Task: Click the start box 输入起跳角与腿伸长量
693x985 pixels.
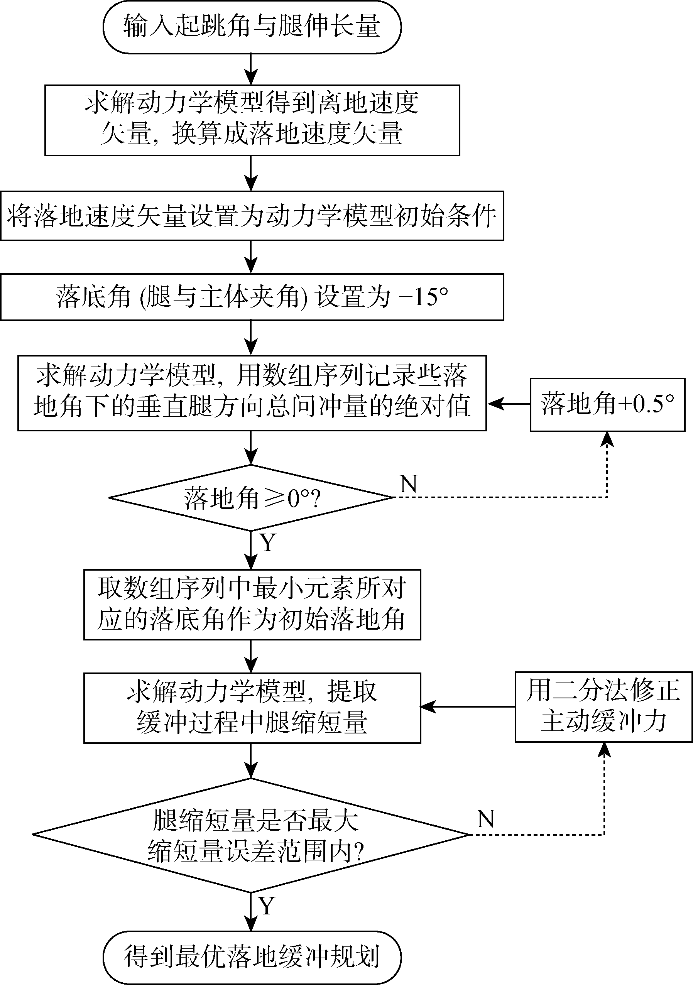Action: coord(252,27)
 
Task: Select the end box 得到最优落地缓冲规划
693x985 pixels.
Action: coord(252,956)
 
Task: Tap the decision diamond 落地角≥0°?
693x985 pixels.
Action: coord(252,498)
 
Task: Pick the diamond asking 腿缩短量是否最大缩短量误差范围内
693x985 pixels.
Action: coord(252,835)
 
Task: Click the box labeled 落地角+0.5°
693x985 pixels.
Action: coord(607,405)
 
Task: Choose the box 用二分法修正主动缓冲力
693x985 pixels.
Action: coord(603,706)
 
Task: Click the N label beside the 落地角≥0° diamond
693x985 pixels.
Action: coord(408,483)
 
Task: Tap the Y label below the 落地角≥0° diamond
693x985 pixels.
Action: coord(267,542)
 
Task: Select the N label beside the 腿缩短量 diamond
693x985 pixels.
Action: coord(485,819)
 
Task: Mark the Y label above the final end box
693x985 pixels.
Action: coord(267,906)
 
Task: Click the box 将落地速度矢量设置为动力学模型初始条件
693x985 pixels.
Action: coord(252,216)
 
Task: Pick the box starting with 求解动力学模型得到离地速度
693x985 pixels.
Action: coord(252,120)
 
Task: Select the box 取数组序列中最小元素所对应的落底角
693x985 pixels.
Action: coord(252,605)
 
